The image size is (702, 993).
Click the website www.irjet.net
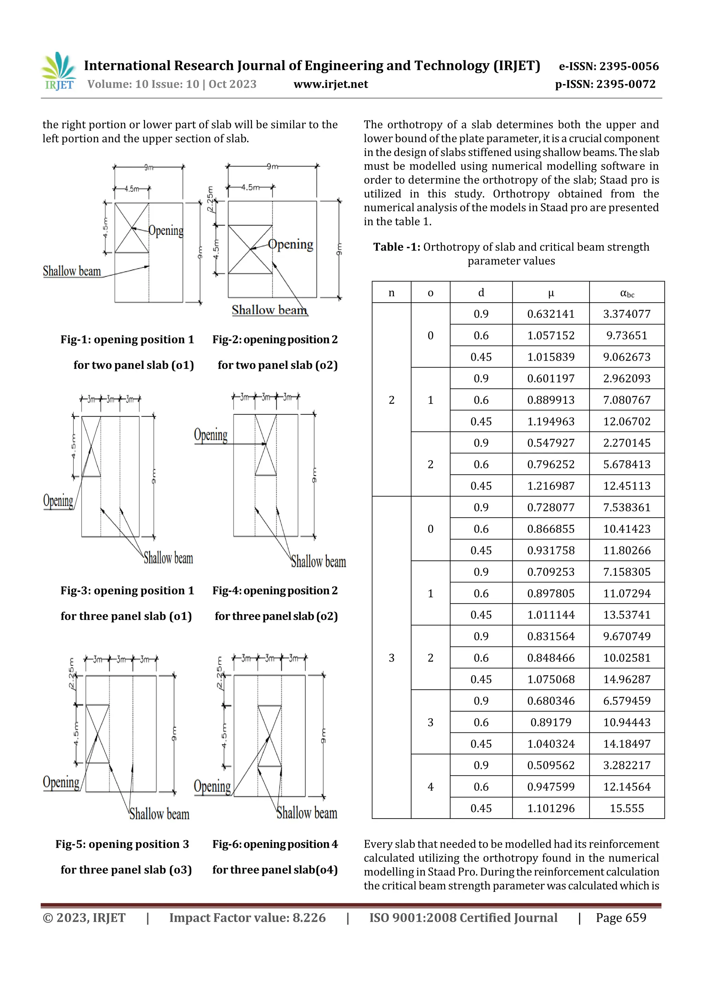pyautogui.click(x=330, y=84)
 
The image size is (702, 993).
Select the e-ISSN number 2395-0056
pyautogui.click(x=608, y=66)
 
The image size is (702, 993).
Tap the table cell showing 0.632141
pyautogui.click(x=550, y=314)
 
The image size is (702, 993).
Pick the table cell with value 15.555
pyautogui.click(x=626, y=808)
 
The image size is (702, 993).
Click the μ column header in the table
pyautogui.click(x=550, y=293)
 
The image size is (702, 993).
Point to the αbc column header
pyautogui.click(x=626, y=293)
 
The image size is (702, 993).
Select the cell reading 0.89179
pyautogui.click(x=550, y=722)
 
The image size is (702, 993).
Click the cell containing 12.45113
pyautogui.click(x=626, y=486)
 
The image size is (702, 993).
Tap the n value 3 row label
pyautogui.click(x=391, y=658)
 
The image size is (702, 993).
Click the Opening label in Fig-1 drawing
pyautogui.click(x=166, y=231)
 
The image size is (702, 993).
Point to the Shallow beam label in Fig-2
pyautogui.click(x=269, y=310)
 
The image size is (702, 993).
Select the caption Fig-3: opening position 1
pyautogui.click(x=127, y=591)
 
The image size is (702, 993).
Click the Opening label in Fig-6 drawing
pyautogui.click(x=212, y=786)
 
